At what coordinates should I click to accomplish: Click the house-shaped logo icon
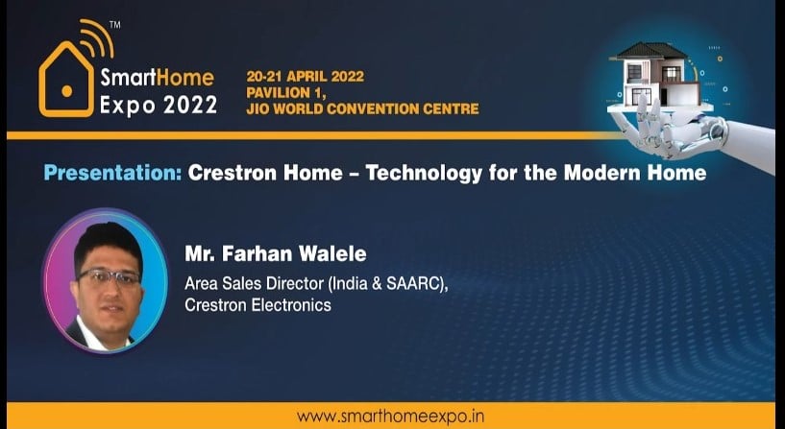coord(66,80)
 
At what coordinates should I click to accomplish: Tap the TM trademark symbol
coord(114,25)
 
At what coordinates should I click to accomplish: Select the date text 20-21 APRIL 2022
coord(305,77)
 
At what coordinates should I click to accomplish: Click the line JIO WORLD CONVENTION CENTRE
coord(362,108)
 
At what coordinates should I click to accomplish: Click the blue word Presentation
coord(112,173)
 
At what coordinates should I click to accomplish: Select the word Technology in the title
coord(425,174)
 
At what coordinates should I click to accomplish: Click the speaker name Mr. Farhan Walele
coord(276,253)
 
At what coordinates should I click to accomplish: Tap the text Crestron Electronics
coord(258,304)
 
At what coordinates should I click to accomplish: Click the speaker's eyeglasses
coord(109,276)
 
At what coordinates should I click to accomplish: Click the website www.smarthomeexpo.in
coord(390,416)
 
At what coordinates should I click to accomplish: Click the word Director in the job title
coord(295,283)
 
